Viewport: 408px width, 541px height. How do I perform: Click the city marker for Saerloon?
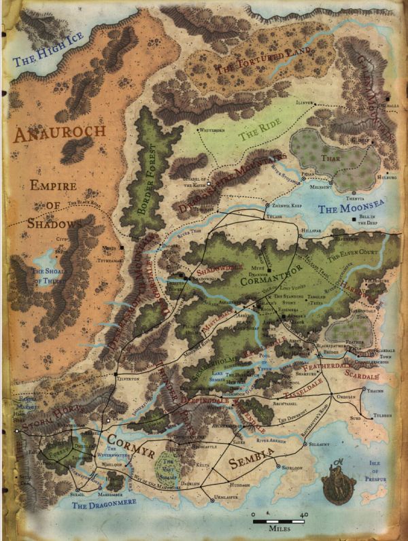[279, 466]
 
